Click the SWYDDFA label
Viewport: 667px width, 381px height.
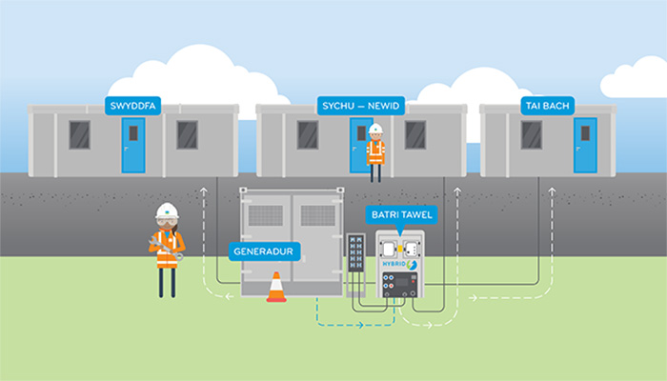click(132, 104)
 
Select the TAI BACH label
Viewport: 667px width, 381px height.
click(545, 104)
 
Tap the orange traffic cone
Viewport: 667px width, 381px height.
click(276, 287)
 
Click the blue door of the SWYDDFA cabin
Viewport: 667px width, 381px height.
click(133, 145)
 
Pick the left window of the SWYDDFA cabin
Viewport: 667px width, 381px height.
click(80, 134)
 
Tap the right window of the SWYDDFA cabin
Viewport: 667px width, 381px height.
click(187, 134)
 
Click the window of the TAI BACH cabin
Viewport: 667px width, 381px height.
click(531, 134)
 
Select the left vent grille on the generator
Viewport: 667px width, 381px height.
click(265, 215)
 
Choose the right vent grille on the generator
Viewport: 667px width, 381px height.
click(318, 215)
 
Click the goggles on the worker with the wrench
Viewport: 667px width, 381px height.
click(167, 221)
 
